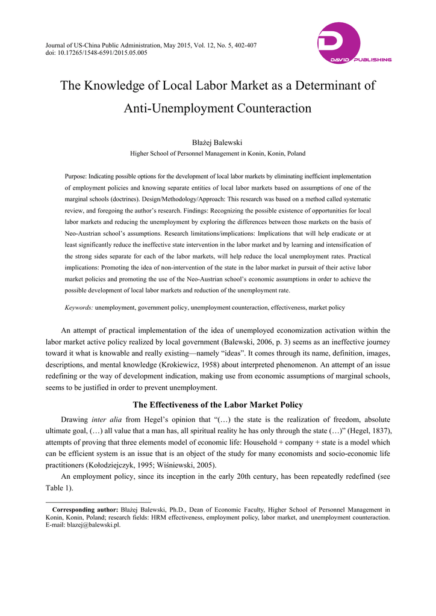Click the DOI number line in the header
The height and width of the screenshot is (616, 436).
[96, 53]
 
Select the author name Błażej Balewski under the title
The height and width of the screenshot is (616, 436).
[217, 142]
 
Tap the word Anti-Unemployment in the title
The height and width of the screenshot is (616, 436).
[175, 108]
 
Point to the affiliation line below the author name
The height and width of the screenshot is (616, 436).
[217, 153]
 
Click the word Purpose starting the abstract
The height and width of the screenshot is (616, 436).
[75, 176]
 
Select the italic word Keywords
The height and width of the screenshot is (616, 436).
[79, 307]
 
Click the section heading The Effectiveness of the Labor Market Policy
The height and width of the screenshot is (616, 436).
[217, 404]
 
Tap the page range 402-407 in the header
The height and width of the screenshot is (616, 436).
[244, 46]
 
